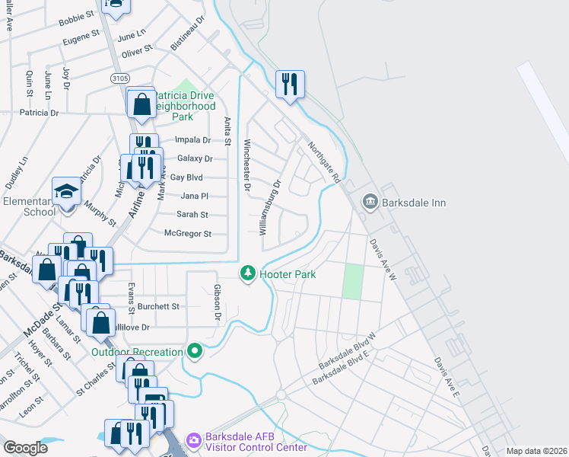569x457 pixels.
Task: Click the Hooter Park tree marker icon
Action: coord(247,273)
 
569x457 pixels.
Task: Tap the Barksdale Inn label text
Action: coord(415,203)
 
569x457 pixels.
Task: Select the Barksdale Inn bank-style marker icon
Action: coord(370,202)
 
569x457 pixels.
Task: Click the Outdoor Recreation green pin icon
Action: coord(195,351)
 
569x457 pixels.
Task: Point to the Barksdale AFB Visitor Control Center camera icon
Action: coord(194,439)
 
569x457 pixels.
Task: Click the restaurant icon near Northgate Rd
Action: coord(289,84)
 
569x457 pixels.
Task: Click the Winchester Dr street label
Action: coord(246,165)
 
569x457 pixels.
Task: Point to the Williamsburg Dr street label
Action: coord(271,206)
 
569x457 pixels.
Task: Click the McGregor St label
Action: coord(188,234)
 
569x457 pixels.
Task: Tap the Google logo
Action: coord(26,448)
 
